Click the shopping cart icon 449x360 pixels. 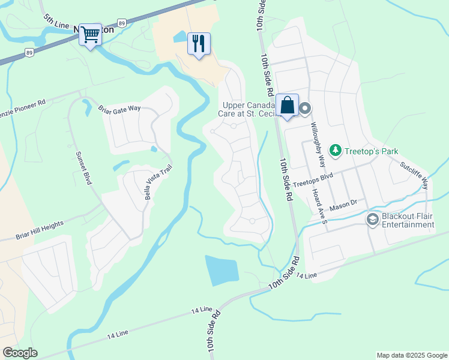coord(91,35)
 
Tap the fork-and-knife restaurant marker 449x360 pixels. coord(199,44)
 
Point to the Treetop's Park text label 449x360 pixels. coord(371,152)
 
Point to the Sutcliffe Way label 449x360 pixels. coord(415,170)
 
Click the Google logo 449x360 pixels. coord(20,353)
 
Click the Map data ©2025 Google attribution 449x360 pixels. coord(412,355)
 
